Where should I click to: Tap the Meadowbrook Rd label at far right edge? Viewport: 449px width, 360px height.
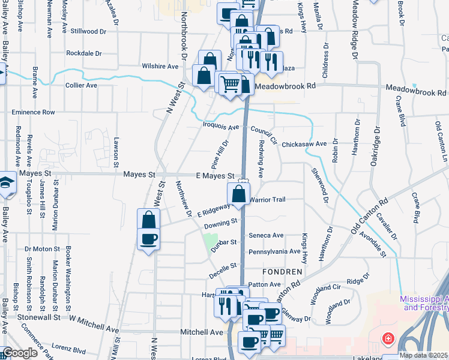click(x=416, y=93)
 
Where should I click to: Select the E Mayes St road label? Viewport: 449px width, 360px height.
click(x=215, y=175)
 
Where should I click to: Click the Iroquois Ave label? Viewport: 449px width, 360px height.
click(x=221, y=127)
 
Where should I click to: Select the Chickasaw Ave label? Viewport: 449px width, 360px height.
click(x=304, y=144)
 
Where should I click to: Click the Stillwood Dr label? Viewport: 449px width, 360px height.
click(x=88, y=31)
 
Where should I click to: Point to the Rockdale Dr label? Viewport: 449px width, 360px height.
click(x=86, y=53)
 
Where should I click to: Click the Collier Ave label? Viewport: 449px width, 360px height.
click(x=81, y=85)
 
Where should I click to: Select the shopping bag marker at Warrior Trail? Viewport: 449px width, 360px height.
click(x=238, y=194)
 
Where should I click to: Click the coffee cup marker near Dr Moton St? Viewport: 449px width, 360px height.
click(x=148, y=239)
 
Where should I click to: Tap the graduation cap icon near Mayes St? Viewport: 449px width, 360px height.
click(x=6, y=183)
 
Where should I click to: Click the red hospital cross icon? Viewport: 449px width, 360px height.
click(x=388, y=339)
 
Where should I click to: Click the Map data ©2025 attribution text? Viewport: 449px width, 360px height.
click(x=423, y=355)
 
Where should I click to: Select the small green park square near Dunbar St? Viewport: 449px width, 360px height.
click(x=211, y=242)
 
